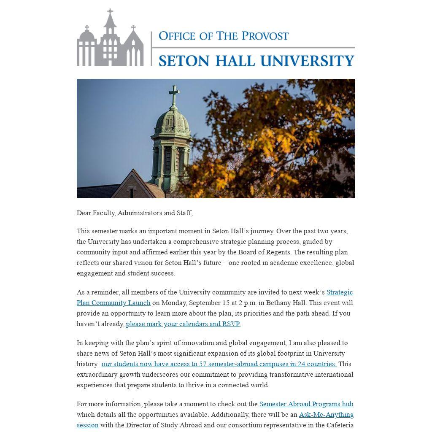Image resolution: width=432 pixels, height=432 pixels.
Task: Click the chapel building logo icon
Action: click(x=110, y=40)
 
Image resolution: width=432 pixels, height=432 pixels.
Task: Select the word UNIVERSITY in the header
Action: click(x=307, y=60)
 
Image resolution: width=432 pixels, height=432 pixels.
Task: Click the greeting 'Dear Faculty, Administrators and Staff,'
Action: click(x=135, y=213)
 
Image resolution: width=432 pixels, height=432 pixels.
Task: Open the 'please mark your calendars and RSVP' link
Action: click(x=183, y=324)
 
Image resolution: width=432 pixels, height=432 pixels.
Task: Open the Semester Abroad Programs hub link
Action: click(x=306, y=404)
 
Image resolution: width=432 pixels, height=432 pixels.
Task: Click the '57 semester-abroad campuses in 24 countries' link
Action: click(x=219, y=364)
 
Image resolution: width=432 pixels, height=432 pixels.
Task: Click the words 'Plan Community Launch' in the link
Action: click(x=113, y=303)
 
